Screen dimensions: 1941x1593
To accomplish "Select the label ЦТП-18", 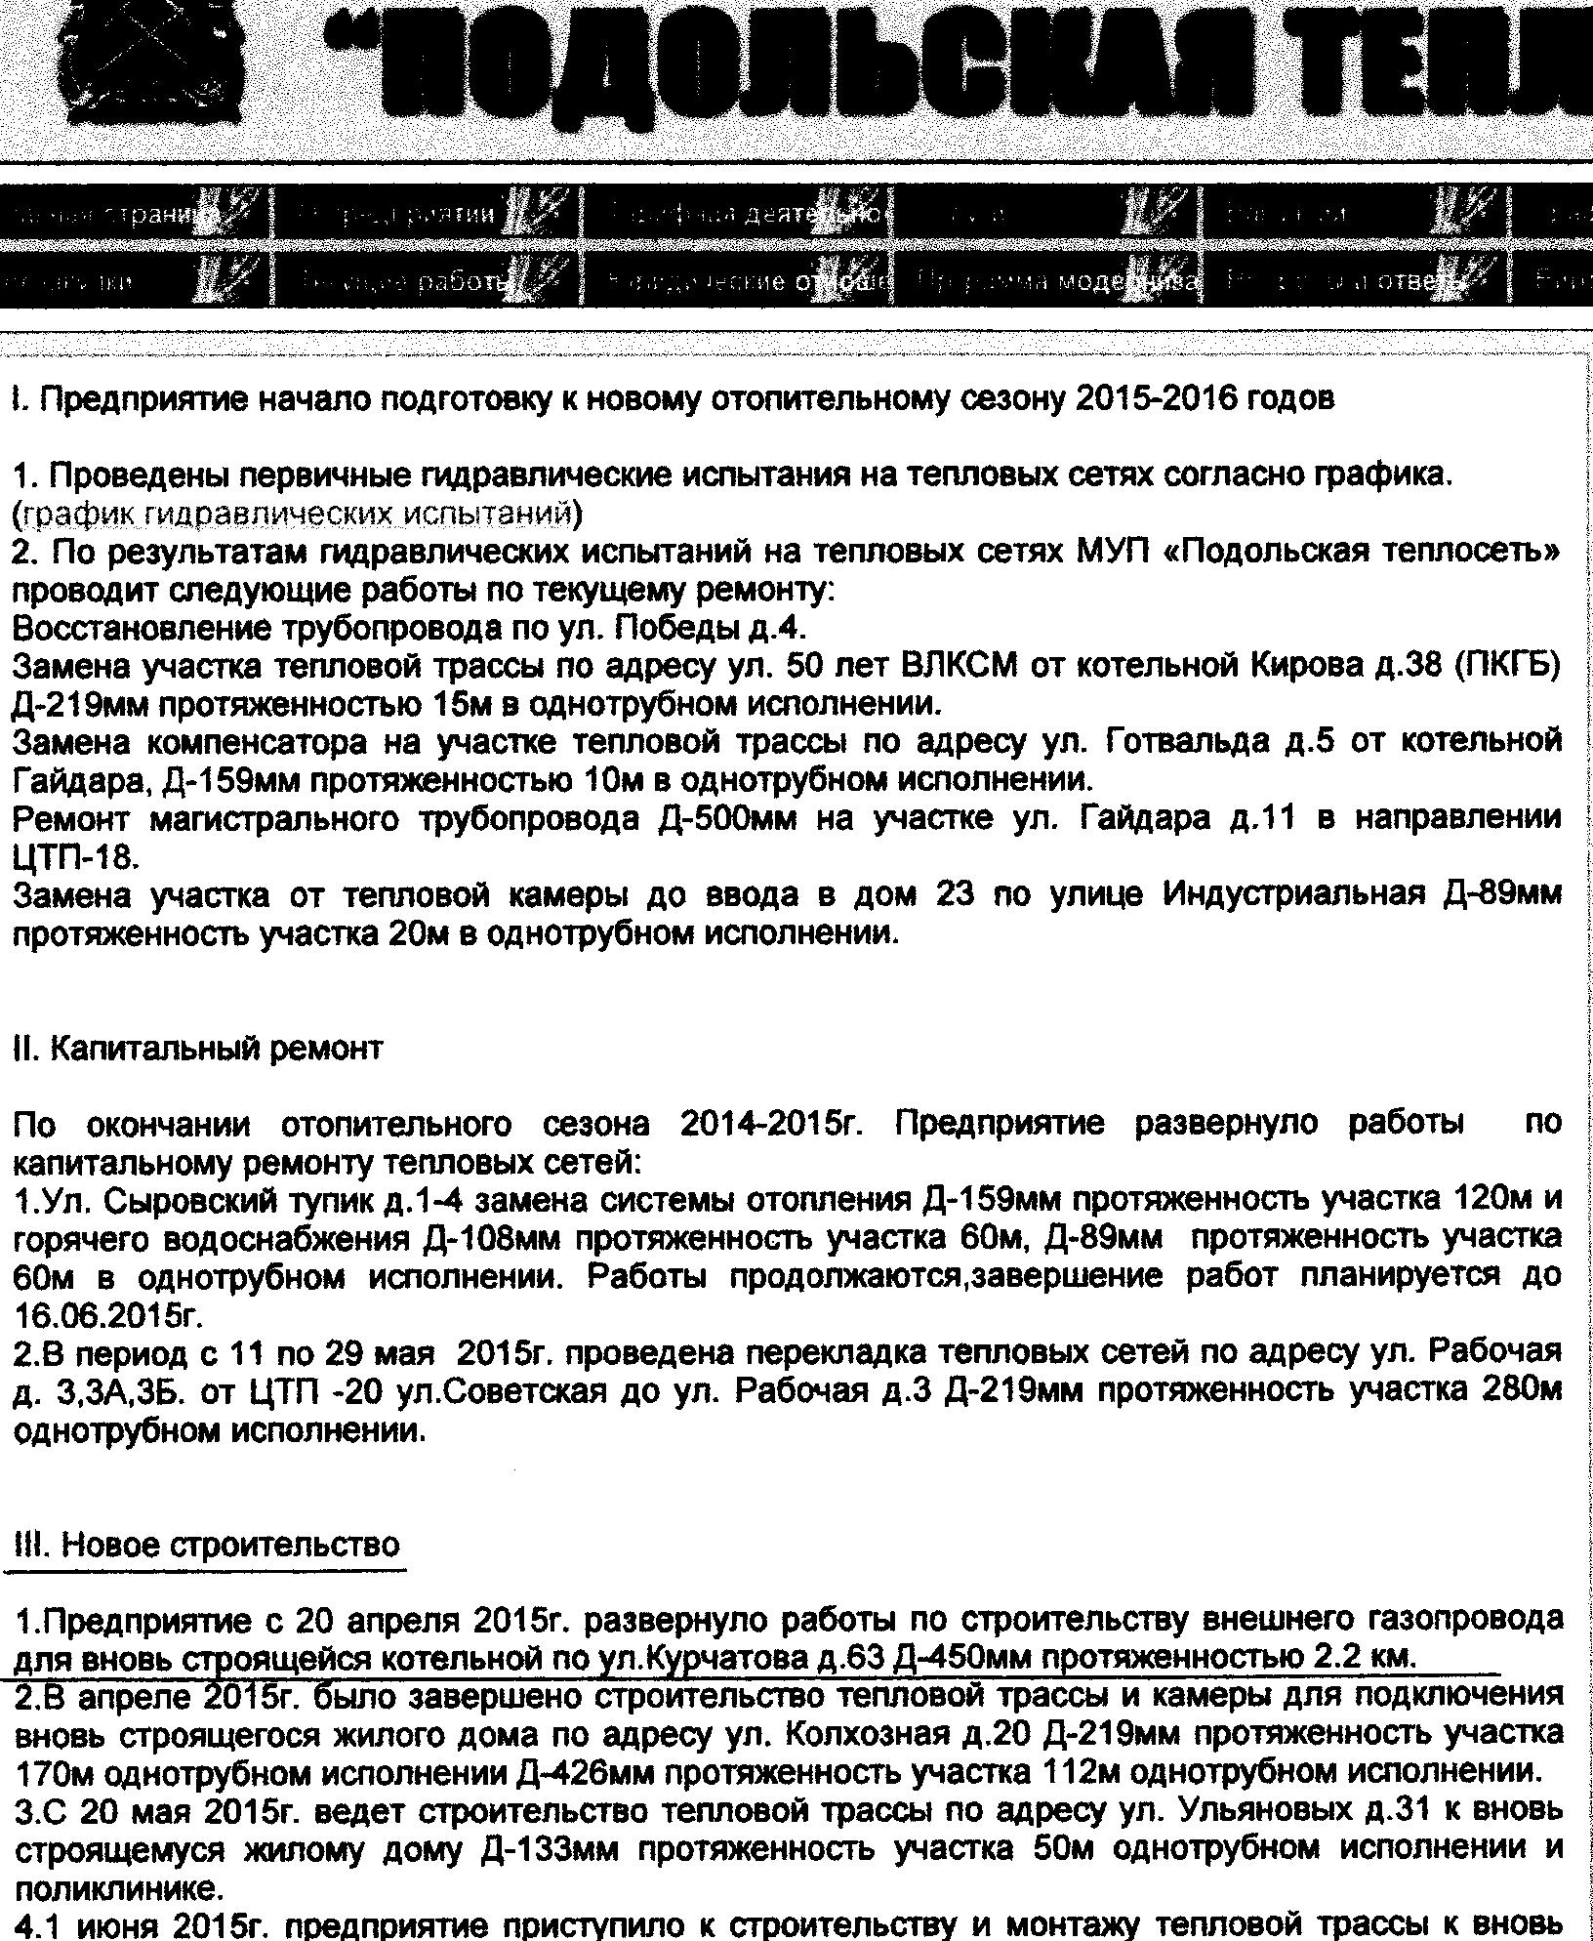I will [x=77, y=858].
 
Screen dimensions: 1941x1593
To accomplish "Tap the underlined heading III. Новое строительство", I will [x=208, y=1546].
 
